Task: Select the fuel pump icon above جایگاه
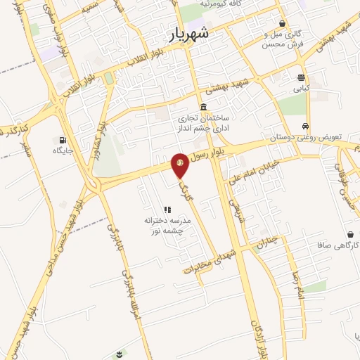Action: pyautogui.click(x=64, y=139)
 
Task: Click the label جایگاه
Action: pyautogui.click(x=63, y=150)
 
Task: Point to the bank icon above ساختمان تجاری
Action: pyautogui.click(x=203, y=107)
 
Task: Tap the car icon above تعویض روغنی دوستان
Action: pyautogui.click(x=304, y=126)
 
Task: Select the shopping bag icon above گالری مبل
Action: pyautogui.click(x=282, y=23)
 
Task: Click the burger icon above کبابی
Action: pyautogui.click(x=301, y=78)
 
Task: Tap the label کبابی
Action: pyautogui.click(x=301, y=89)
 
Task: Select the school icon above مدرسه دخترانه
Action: pyautogui.click(x=167, y=210)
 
